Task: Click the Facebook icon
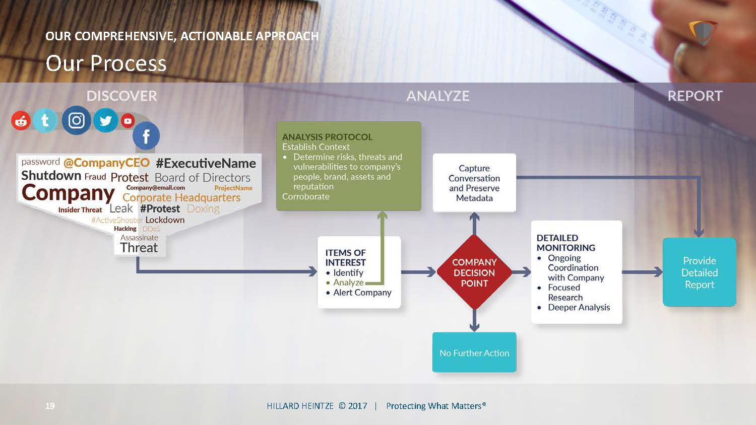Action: [x=146, y=136]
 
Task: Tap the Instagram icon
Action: [x=77, y=120]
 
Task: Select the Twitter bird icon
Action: [x=106, y=121]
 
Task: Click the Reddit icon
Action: [x=21, y=121]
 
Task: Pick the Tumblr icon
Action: [x=45, y=120]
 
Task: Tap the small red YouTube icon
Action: [x=128, y=121]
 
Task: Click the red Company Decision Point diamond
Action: [x=474, y=272]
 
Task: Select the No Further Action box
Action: [x=474, y=352]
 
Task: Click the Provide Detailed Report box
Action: [x=699, y=272]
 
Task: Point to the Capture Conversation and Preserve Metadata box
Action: [x=474, y=183]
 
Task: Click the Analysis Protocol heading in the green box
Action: [x=327, y=137]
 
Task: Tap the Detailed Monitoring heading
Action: [x=565, y=243]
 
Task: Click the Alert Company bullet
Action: [x=362, y=293]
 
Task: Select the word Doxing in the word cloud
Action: [x=203, y=208]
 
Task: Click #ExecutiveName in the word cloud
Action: [x=206, y=163]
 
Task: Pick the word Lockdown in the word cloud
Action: [x=165, y=220]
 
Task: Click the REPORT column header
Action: [x=695, y=96]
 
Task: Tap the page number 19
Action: [x=50, y=406]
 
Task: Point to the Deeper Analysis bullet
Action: [x=579, y=307]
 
